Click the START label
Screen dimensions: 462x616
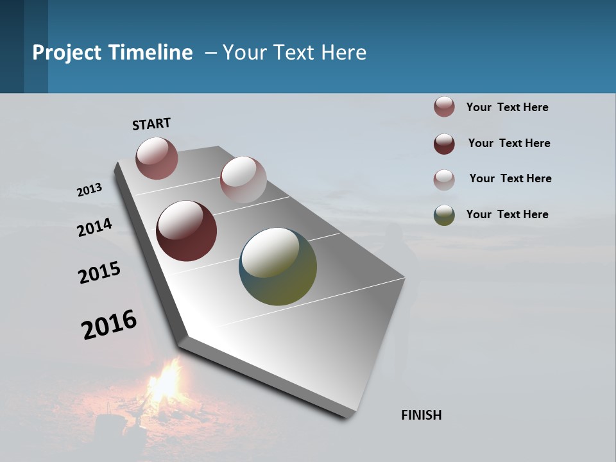point(151,124)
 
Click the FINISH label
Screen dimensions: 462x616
point(422,415)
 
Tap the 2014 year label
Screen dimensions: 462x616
point(95,227)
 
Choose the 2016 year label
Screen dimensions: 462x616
point(109,325)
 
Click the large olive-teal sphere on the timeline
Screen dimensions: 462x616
point(278,266)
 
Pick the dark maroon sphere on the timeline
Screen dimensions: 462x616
point(186,231)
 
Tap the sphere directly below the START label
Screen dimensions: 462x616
point(157,158)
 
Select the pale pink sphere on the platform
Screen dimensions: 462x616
point(243,180)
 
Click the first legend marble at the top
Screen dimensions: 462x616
point(444,107)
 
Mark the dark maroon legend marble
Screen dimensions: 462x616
point(444,144)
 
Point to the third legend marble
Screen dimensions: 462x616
point(444,180)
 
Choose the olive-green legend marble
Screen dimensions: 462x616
point(444,215)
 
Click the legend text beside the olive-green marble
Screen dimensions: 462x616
point(507,214)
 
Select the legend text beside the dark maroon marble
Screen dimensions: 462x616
point(509,143)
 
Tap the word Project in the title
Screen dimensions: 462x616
point(67,53)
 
